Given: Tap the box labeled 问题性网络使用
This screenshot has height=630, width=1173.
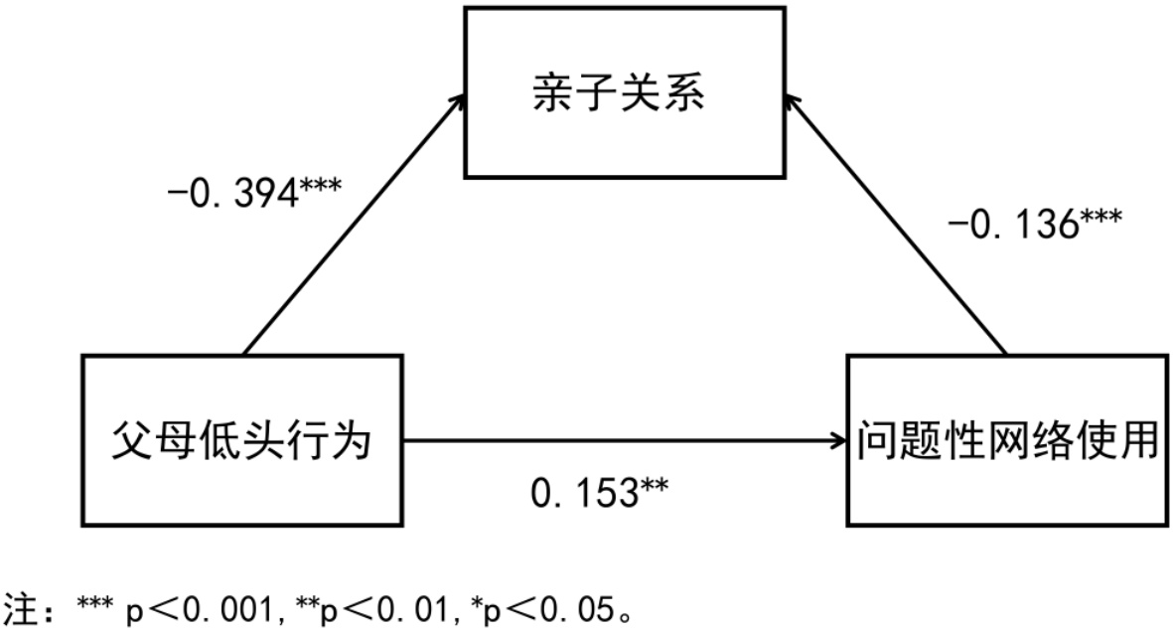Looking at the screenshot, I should pos(1008,440).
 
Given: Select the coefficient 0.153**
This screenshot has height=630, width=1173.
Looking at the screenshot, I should pos(600,492).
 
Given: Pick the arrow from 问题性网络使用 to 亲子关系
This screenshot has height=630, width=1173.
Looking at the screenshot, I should pos(894,223).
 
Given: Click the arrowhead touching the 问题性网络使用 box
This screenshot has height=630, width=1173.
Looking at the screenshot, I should pos(837,441).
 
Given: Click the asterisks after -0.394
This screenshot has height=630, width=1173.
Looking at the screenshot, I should pos(320,184).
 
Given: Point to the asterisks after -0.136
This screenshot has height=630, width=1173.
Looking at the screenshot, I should pos(1100,218).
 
